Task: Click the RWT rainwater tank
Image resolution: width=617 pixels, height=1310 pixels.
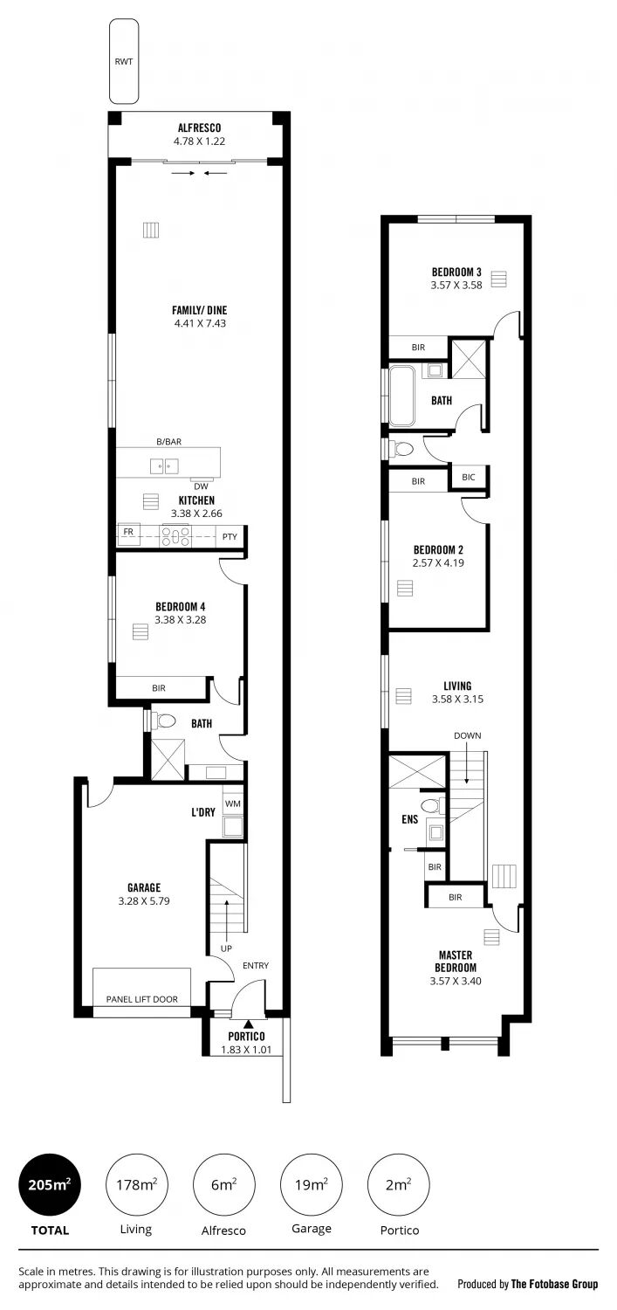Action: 124,61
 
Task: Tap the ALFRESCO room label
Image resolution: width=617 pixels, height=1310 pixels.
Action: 199,128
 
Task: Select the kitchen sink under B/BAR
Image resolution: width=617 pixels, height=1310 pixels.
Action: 164,466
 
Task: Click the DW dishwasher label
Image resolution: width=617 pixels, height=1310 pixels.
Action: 201,486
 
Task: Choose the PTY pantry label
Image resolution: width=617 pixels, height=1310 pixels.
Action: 230,535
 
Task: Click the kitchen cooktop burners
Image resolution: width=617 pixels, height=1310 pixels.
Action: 176,535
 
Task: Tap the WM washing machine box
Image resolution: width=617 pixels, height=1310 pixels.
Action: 232,804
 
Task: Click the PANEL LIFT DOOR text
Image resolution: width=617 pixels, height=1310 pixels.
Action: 142,999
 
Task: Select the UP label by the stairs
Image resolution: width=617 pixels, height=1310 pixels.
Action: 226,948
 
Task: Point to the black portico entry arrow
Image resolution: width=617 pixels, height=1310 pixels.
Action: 249,1024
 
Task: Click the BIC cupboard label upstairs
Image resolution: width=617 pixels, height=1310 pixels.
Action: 469,477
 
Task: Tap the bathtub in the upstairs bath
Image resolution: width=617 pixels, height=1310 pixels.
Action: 402,396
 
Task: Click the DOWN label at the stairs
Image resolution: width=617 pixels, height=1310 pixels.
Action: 468,735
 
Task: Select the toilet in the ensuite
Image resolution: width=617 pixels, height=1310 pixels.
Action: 432,806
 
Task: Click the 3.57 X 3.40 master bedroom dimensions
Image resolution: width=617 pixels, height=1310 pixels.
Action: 456,982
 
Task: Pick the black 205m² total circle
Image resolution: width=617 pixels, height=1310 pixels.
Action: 50,1185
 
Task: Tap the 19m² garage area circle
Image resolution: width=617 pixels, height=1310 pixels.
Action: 312,1185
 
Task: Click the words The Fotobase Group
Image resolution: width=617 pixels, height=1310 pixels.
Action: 554,1285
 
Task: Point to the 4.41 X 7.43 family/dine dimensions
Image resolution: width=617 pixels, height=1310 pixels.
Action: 200,323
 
